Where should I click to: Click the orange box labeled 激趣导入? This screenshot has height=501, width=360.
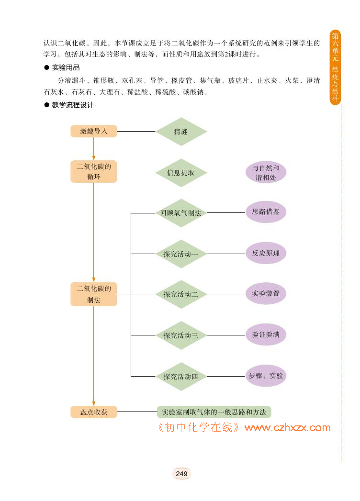94,131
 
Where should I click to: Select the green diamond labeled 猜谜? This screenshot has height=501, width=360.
181,132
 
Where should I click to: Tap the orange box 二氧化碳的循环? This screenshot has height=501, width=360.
94,172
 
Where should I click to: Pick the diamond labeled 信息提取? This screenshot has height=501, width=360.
181,173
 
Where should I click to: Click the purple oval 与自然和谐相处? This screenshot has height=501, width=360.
266,173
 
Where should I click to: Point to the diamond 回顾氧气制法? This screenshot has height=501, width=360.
181,213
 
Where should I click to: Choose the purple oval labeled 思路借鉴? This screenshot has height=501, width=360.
266,212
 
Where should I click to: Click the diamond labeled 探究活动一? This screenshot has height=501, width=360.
181,254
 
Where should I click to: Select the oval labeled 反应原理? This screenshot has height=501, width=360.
266,253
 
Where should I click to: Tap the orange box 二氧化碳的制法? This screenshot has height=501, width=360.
94,294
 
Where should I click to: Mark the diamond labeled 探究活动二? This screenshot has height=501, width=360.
181,294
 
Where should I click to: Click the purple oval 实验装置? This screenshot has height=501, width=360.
266,293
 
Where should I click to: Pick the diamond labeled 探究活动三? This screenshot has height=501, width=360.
181,335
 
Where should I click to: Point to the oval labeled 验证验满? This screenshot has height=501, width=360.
266,334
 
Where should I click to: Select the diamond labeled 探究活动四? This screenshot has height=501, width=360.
181,376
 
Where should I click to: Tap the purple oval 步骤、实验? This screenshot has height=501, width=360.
266,376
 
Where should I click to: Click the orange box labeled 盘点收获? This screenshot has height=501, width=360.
94,412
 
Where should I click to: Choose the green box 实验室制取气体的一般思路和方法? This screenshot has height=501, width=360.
214,412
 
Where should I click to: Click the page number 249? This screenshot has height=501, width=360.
181,474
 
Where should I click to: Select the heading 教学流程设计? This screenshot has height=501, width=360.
73,105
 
